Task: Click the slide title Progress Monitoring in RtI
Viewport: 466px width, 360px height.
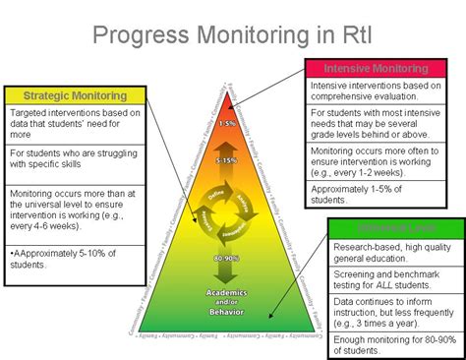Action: click(234, 35)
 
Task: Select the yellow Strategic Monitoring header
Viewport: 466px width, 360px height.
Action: click(76, 95)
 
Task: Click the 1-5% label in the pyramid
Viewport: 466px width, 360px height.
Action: click(227, 123)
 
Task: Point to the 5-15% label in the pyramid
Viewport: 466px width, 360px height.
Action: click(227, 159)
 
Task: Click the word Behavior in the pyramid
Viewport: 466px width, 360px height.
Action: click(226, 311)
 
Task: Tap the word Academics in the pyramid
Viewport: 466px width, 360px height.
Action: click(226, 292)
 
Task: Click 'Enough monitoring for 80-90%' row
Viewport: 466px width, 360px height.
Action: click(393, 339)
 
